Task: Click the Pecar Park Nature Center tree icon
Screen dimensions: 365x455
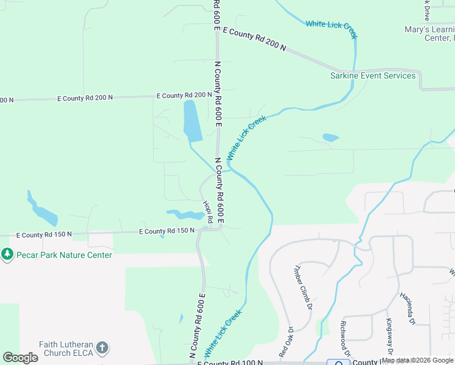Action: pos(7,254)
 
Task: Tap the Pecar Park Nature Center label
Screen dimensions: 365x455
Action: pos(64,255)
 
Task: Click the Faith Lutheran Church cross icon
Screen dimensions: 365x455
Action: pos(102,348)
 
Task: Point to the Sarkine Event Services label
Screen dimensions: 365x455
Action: pos(373,75)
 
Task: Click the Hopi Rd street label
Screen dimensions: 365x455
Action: pos(207,210)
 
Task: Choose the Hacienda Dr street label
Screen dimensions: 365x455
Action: pos(409,307)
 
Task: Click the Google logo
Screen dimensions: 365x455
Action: pos(20,358)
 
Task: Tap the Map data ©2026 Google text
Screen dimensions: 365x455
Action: pos(417,360)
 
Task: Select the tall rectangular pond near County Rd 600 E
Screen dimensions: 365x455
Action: pos(192,120)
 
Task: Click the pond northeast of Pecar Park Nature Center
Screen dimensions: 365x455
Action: pos(43,212)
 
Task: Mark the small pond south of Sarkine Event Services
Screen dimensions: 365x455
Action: pos(330,137)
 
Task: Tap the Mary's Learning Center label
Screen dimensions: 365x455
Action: pos(429,33)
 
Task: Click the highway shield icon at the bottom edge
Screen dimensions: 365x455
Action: pos(338,362)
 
